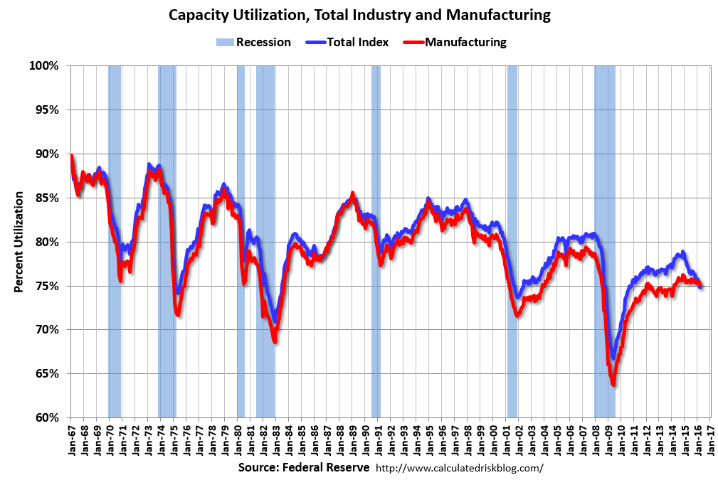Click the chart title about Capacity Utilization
pos(359,14)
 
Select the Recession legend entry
pos(253,42)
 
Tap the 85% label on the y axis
pos(45,198)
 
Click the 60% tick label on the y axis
pos(45,417)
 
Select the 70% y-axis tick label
pos(45,330)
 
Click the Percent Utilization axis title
pos(19,242)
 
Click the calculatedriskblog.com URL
pos(459,468)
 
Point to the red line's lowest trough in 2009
pos(613,385)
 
